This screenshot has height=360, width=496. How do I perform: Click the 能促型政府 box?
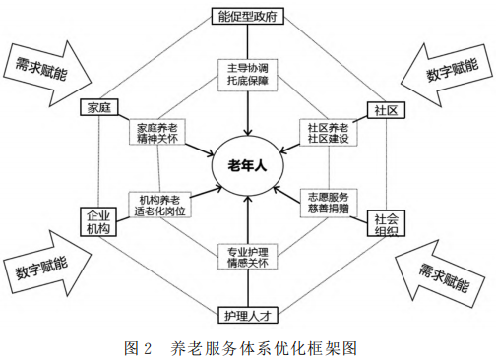(248, 17)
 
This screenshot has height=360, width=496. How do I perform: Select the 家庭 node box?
(102, 107)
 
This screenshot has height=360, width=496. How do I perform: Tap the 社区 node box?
(386, 108)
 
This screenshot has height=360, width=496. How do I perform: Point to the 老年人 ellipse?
(249, 166)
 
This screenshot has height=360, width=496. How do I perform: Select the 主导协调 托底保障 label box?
(248, 75)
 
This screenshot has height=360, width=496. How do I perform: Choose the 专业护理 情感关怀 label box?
(248, 256)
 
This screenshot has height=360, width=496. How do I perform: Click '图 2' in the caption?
(141, 347)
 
